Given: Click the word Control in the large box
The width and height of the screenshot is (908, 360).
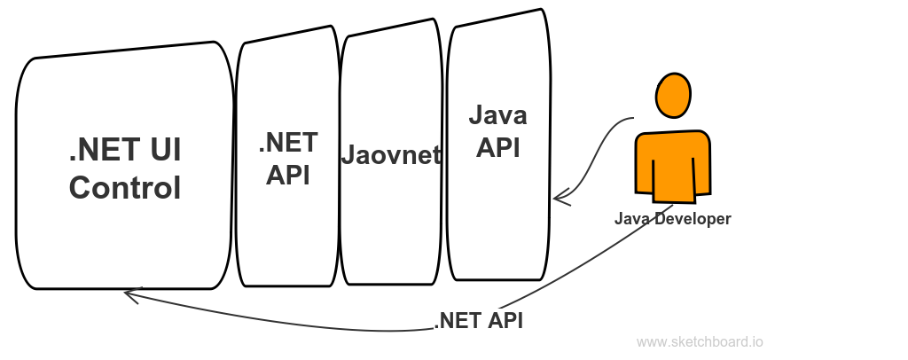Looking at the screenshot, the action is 125,188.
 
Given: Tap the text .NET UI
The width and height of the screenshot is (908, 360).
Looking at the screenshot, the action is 125,149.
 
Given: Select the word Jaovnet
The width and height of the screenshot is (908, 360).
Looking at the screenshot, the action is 391,155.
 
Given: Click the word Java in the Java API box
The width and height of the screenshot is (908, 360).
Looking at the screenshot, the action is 498,114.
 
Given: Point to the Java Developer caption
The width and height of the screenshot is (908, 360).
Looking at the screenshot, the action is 673,219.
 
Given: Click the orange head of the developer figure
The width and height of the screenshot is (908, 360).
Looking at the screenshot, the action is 673,95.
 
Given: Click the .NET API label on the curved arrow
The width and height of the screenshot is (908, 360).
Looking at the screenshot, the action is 478,321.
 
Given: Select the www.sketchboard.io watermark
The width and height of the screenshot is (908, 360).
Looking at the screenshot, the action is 700,342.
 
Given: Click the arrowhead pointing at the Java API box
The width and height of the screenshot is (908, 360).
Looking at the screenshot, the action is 560,198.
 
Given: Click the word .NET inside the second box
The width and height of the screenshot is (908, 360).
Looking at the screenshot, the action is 288,143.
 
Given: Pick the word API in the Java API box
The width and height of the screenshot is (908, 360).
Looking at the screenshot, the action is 498,147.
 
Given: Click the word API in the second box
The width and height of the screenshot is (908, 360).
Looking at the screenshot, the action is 288,175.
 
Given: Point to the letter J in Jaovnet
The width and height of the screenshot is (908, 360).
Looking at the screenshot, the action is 348,155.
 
